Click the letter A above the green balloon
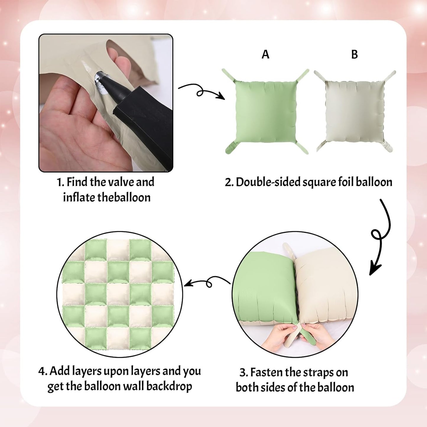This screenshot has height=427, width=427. pos(265,54)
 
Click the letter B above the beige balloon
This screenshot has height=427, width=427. pos(355,54)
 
